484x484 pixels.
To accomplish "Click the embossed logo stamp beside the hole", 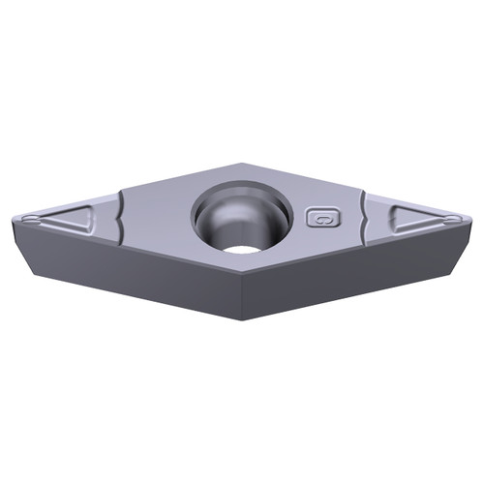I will [x=319, y=218].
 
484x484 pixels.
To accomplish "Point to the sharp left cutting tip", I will [x=15, y=222].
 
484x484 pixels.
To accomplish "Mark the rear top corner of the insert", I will [x=242, y=164].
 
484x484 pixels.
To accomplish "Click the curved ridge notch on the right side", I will [x=364, y=218].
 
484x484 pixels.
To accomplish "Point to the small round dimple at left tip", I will [x=30, y=219].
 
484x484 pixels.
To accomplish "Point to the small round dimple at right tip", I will [x=453, y=219].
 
